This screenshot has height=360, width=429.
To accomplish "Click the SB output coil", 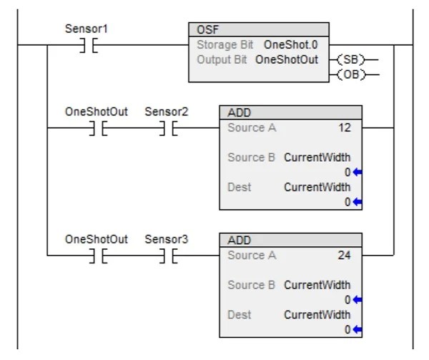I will (350, 59).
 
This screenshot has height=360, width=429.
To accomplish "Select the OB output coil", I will (350, 74).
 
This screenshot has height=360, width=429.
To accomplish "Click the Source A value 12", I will (344, 128).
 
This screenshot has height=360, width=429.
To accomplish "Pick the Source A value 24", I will (344, 255).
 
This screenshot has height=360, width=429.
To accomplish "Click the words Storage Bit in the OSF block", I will (225, 44).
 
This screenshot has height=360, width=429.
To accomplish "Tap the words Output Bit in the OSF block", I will (222, 59).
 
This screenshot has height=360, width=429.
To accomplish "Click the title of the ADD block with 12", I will (239, 113).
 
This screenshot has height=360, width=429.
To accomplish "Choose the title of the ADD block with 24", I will (239, 240).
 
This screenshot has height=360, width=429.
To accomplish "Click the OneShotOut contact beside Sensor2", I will (96, 129).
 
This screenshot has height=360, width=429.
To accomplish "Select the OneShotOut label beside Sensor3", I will (96, 239).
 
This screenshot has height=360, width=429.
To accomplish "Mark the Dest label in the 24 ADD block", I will (239, 314).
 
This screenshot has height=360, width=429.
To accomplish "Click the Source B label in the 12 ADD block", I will (251, 157).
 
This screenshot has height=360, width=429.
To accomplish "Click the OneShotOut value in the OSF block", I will (287, 59).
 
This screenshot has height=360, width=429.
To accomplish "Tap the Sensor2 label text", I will (167, 112).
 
